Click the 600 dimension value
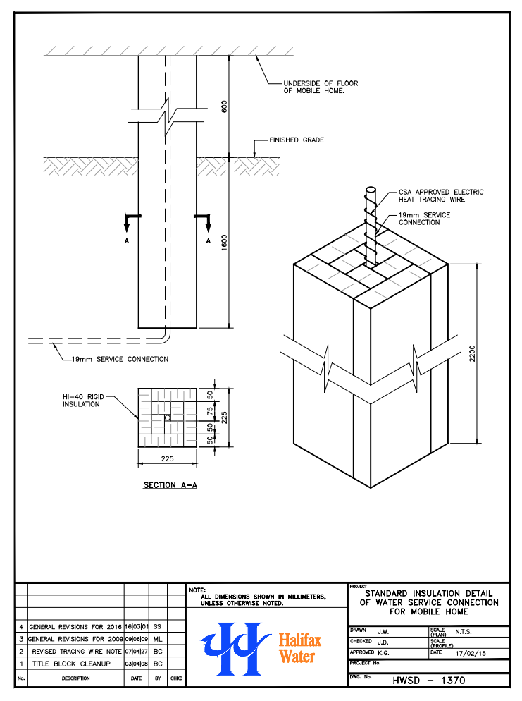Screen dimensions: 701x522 coord(225,106)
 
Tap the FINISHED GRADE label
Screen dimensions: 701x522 coord(297,140)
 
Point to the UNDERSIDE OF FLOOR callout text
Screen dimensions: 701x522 coord(321,87)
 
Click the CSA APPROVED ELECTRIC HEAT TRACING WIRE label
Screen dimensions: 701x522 coord(441,196)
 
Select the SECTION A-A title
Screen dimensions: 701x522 coord(170,485)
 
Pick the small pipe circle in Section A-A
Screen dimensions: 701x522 coord(168,417)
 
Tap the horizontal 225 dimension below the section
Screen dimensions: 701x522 coord(167,458)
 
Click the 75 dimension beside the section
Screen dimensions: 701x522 coord(210,410)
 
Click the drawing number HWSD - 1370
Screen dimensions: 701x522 coord(429,681)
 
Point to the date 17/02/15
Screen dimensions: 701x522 coord(471,652)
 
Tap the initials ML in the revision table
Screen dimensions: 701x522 coord(158,638)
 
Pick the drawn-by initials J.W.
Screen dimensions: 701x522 coord(384,631)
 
